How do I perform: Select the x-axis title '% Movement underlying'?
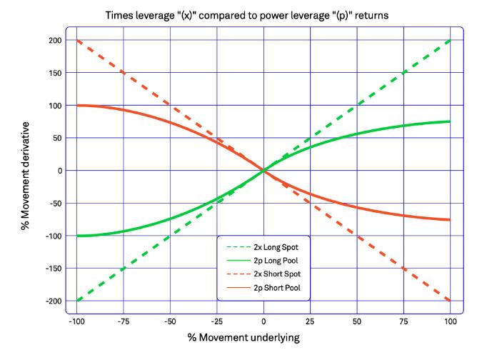pyautogui.click(x=263, y=336)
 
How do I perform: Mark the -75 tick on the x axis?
pyautogui.click(x=124, y=320)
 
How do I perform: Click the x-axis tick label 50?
pyautogui.click(x=357, y=320)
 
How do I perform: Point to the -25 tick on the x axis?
pyautogui.click(x=216, y=320)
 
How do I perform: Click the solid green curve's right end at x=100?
pyautogui.click(x=450, y=121)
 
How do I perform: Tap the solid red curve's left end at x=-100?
pyautogui.click(x=77, y=106)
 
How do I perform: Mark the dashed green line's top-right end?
pyautogui.click(x=450, y=40)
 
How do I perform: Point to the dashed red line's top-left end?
pyautogui.click(x=77, y=40)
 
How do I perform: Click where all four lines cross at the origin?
pyautogui.click(x=263, y=171)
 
